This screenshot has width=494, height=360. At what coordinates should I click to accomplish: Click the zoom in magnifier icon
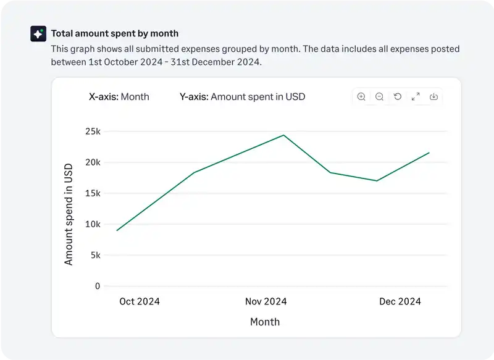361,96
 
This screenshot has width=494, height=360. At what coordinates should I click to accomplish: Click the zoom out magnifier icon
380,96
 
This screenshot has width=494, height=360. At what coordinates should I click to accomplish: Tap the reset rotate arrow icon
398,96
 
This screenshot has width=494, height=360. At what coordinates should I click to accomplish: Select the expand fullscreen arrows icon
416,96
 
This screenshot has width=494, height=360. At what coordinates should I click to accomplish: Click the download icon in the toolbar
433,96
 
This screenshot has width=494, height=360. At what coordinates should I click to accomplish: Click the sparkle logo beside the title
38,34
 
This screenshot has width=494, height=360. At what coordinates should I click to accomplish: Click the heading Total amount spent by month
114,33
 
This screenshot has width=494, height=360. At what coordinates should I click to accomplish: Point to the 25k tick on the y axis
93,132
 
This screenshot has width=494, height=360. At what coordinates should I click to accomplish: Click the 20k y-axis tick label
93,162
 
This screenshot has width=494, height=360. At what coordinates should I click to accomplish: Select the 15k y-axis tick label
93,193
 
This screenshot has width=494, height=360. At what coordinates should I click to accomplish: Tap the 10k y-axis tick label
93,224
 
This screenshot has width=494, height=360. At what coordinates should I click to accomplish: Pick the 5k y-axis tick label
95,255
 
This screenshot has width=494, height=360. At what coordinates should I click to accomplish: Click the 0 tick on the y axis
98,286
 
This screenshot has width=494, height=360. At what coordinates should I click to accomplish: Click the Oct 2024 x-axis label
140,301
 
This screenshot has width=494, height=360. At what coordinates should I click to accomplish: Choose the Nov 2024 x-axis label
266,301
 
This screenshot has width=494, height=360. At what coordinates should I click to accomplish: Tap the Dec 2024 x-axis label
400,301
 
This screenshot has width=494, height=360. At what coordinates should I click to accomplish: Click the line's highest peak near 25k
283,135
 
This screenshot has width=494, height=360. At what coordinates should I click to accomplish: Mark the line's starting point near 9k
117,230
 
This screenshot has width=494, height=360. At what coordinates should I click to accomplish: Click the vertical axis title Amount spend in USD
69,214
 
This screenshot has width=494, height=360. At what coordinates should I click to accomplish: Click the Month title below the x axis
265,322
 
